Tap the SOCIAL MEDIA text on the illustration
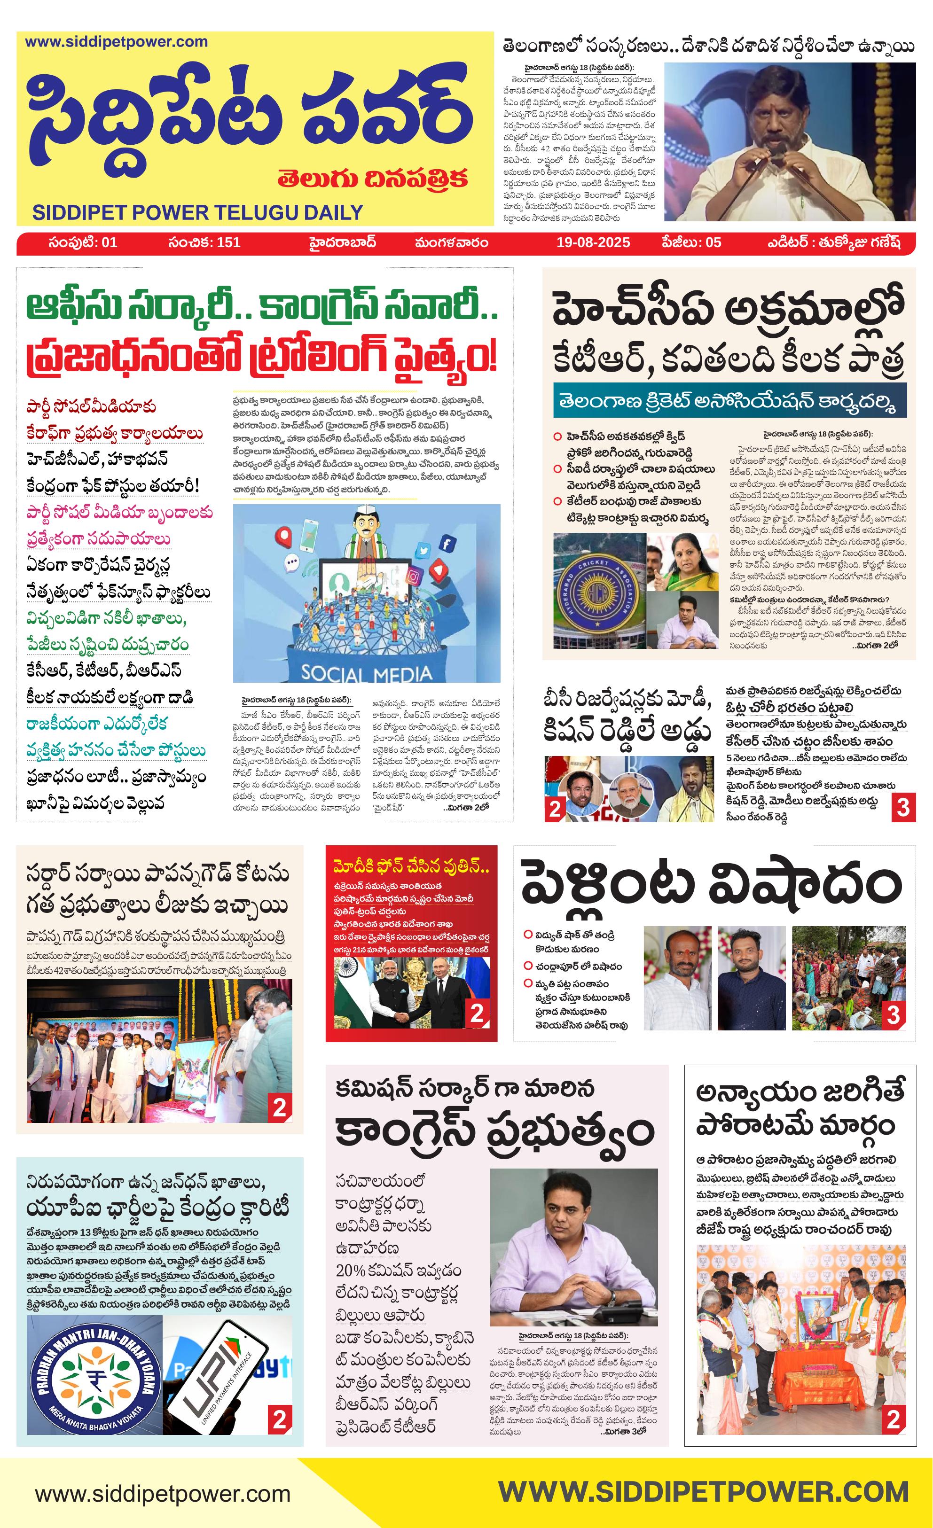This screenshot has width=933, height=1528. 366,673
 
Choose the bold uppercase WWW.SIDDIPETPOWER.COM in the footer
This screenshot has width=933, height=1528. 703,1492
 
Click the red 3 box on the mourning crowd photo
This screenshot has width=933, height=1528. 893,1014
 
